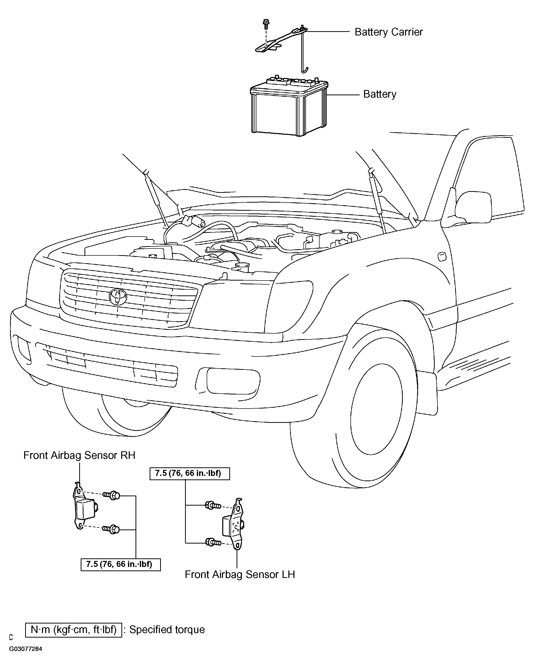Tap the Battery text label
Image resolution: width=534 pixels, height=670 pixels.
coord(380,94)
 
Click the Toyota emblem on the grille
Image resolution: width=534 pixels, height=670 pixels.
coord(118,296)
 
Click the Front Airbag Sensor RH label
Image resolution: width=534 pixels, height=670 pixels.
coord(79,455)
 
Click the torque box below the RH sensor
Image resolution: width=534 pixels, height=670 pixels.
coord(121,564)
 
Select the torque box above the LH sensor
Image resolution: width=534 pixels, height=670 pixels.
coord(190,474)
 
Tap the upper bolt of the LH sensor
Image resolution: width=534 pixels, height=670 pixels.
coord(213,506)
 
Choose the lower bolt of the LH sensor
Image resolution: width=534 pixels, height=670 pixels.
coord(213,543)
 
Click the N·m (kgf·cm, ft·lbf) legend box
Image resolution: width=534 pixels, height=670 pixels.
coord(74,630)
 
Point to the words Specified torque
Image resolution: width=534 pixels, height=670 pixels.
coord(167,630)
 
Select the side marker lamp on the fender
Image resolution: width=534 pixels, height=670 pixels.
coord(442,257)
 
